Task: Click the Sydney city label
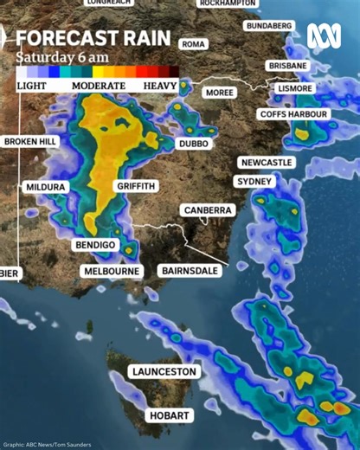point(254,182)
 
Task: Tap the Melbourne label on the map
point(111,271)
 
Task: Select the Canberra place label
point(208,210)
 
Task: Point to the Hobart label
point(169,416)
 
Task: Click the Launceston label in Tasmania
point(164,371)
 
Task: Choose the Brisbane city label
point(287,66)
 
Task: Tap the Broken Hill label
point(30,141)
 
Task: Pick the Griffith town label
point(135,186)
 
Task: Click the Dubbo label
point(193,144)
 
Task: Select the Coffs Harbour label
point(294,114)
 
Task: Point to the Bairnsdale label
point(190,271)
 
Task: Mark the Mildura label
point(45,187)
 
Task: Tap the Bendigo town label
point(95,245)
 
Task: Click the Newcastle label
point(267,163)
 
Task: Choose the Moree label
point(220,92)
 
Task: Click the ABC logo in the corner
point(323,35)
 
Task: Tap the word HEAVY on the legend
point(160,87)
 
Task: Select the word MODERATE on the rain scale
point(98,87)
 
